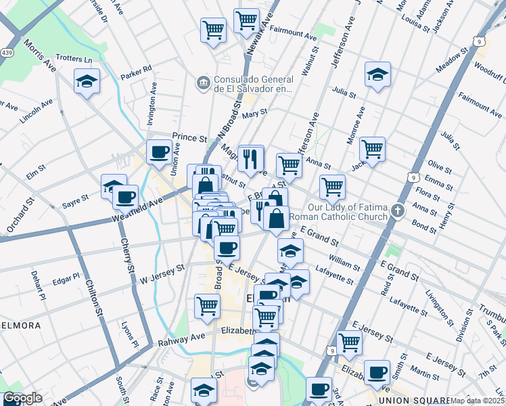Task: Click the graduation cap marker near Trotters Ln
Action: point(87,81)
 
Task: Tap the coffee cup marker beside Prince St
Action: point(160,151)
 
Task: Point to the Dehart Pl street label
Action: point(36,285)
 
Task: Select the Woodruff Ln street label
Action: point(488,68)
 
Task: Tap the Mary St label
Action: point(251,114)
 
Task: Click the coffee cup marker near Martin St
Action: point(376,371)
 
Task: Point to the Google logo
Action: point(23,399)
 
